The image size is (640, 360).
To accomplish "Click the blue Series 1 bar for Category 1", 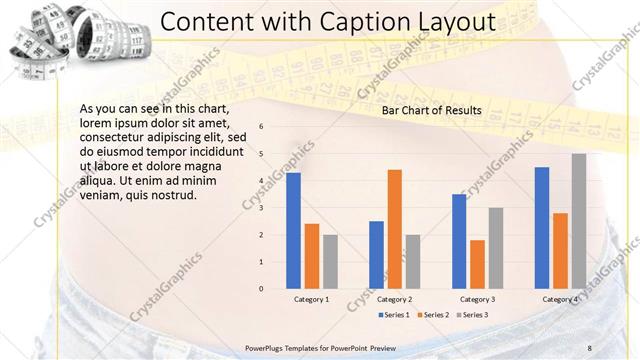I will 293,231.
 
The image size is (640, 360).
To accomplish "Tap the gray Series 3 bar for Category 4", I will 578,221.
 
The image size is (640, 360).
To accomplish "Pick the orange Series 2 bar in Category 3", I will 477,264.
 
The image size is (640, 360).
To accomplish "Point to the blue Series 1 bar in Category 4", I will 542,228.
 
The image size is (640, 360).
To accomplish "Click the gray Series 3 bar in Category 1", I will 330,262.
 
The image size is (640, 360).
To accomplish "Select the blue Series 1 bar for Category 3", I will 459,241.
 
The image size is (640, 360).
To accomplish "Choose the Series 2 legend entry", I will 432,315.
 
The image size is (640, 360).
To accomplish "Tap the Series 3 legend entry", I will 474,315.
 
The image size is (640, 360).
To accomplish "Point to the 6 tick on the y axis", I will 260,127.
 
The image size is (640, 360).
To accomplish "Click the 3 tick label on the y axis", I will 260,208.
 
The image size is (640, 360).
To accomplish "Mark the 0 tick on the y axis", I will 260,289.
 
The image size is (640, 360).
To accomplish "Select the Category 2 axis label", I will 394,299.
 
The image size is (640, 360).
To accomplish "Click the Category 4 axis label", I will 560,299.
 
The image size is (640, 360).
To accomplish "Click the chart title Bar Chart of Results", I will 432,110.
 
